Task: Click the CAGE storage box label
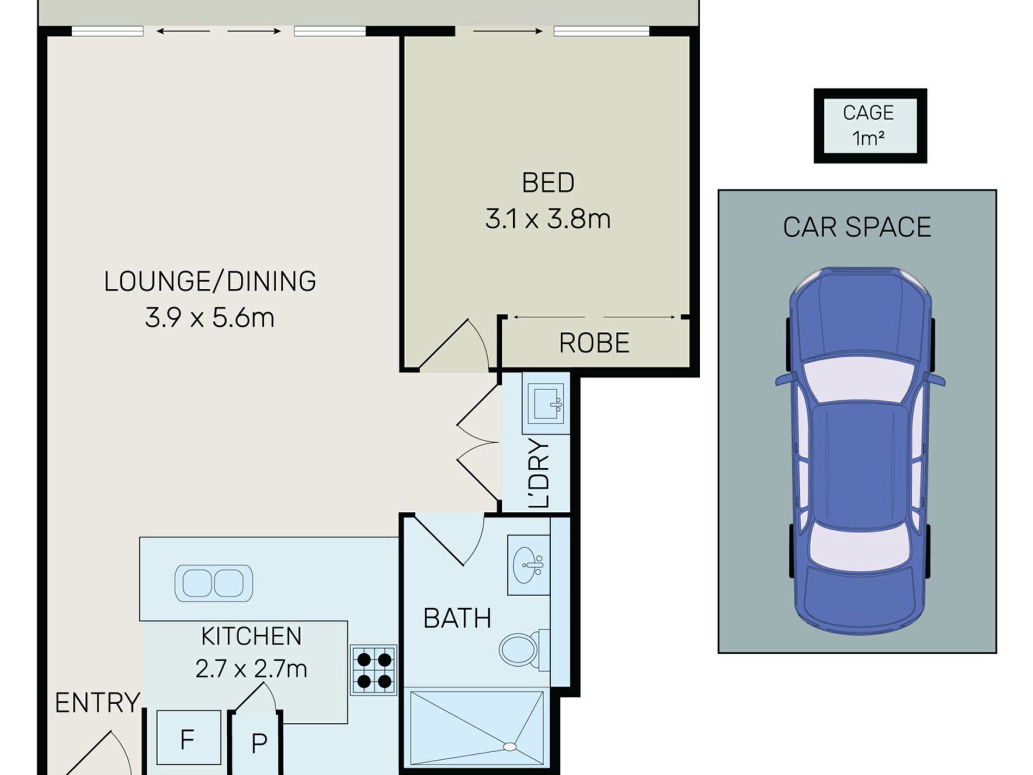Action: (868, 113)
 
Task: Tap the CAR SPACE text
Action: (857, 227)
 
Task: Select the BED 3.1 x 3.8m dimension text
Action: (548, 219)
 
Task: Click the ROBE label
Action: (594, 343)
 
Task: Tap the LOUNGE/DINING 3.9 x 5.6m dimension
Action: (210, 318)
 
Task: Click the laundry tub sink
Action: (545, 403)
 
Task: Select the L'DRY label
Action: (540, 473)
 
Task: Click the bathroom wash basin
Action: (528, 565)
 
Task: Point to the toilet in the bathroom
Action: (524, 649)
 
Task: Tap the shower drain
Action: (509, 747)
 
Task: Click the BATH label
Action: (457, 618)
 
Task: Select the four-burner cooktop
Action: (374, 670)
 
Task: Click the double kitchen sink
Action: (214, 583)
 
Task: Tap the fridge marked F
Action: (188, 738)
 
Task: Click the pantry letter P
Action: (259, 743)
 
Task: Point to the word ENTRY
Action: (97, 703)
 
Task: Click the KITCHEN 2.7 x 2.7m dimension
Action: (251, 669)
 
